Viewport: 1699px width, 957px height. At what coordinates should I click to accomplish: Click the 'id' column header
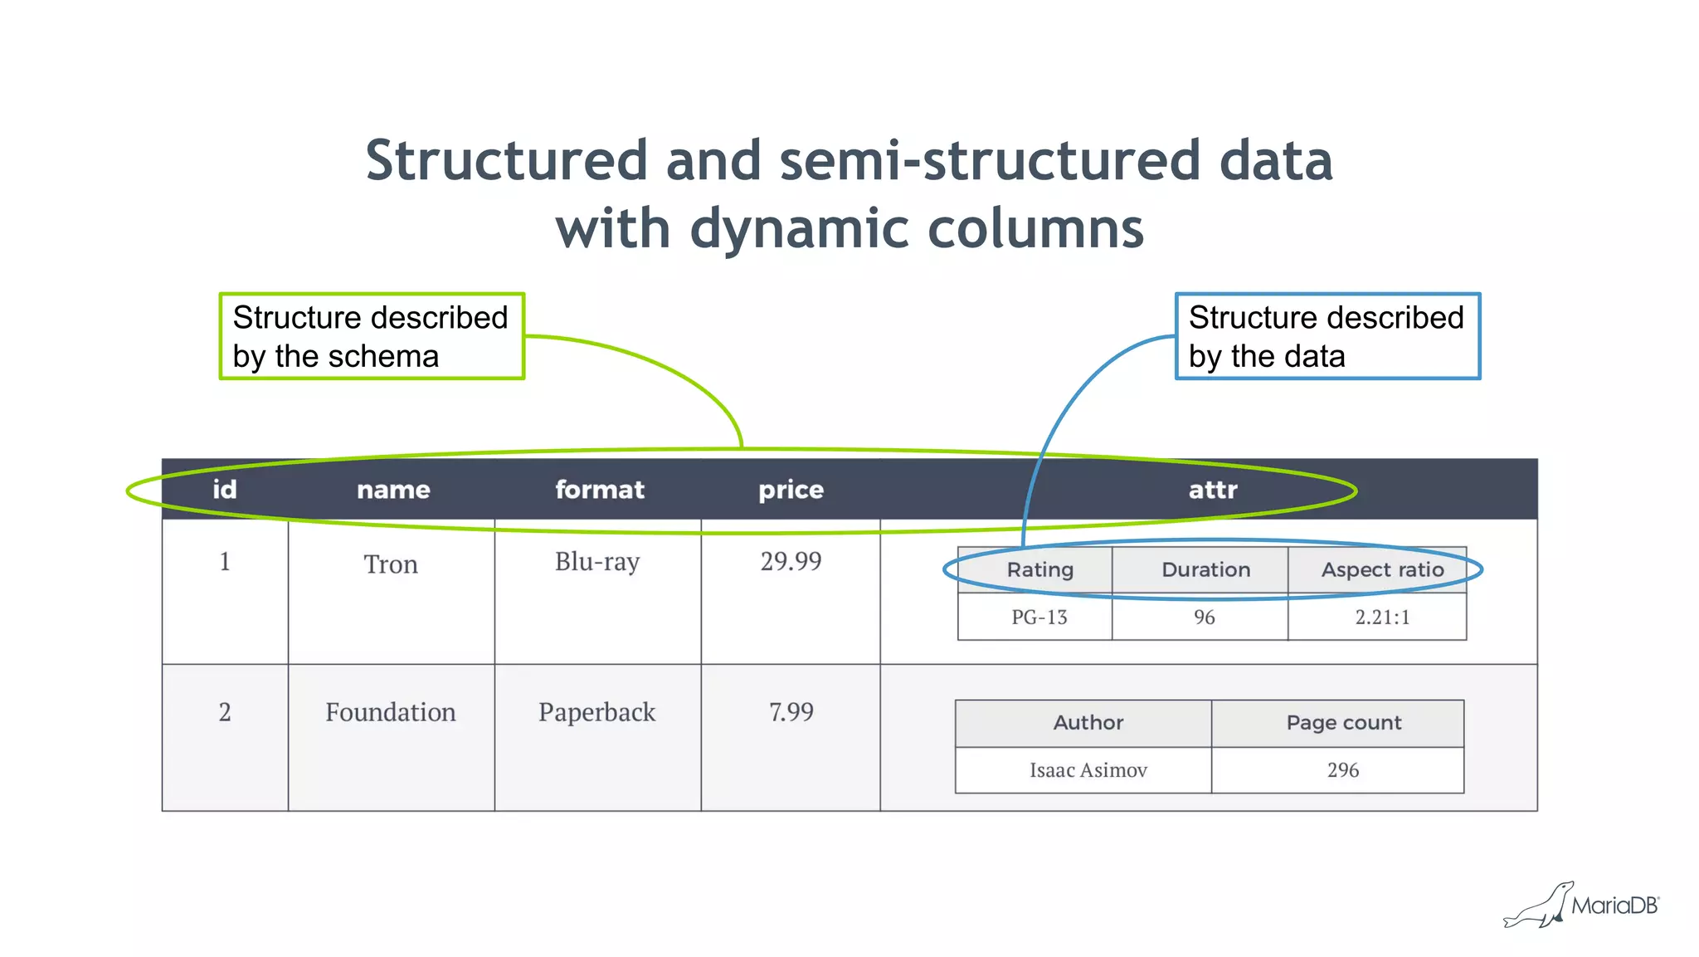(x=224, y=490)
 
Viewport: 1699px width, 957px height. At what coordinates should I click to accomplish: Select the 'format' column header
(x=599, y=490)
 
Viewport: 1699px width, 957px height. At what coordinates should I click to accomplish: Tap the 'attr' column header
(x=1212, y=490)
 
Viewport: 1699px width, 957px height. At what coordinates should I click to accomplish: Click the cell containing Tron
(x=391, y=564)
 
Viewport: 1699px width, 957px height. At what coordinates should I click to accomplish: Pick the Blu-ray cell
(x=597, y=562)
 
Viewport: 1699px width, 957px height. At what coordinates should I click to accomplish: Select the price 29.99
(x=791, y=562)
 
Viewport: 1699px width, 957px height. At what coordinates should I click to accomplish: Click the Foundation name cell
(x=391, y=712)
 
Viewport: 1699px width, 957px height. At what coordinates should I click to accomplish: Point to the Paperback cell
(x=596, y=712)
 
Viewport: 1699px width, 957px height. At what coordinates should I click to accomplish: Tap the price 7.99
(x=791, y=712)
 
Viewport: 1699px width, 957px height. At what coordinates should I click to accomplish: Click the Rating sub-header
(x=1039, y=570)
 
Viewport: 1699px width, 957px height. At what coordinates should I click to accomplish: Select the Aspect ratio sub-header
(x=1382, y=570)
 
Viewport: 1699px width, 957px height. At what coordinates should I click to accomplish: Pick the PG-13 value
(x=1039, y=618)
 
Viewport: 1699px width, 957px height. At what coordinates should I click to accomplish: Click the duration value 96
(x=1204, y=618)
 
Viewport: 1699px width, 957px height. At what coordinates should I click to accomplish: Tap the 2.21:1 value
(x=1382, y=618)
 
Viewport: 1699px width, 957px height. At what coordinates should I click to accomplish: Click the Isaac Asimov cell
(x=1088, y=770)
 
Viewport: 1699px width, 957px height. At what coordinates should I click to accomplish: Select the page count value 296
(x=1342, y=770)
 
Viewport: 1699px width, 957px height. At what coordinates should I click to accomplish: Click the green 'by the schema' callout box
(x=371, y=336)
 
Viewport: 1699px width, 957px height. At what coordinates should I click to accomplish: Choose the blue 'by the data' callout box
(x=1327, y=336)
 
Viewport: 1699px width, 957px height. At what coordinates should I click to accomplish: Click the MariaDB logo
(x=1581, y=906)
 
